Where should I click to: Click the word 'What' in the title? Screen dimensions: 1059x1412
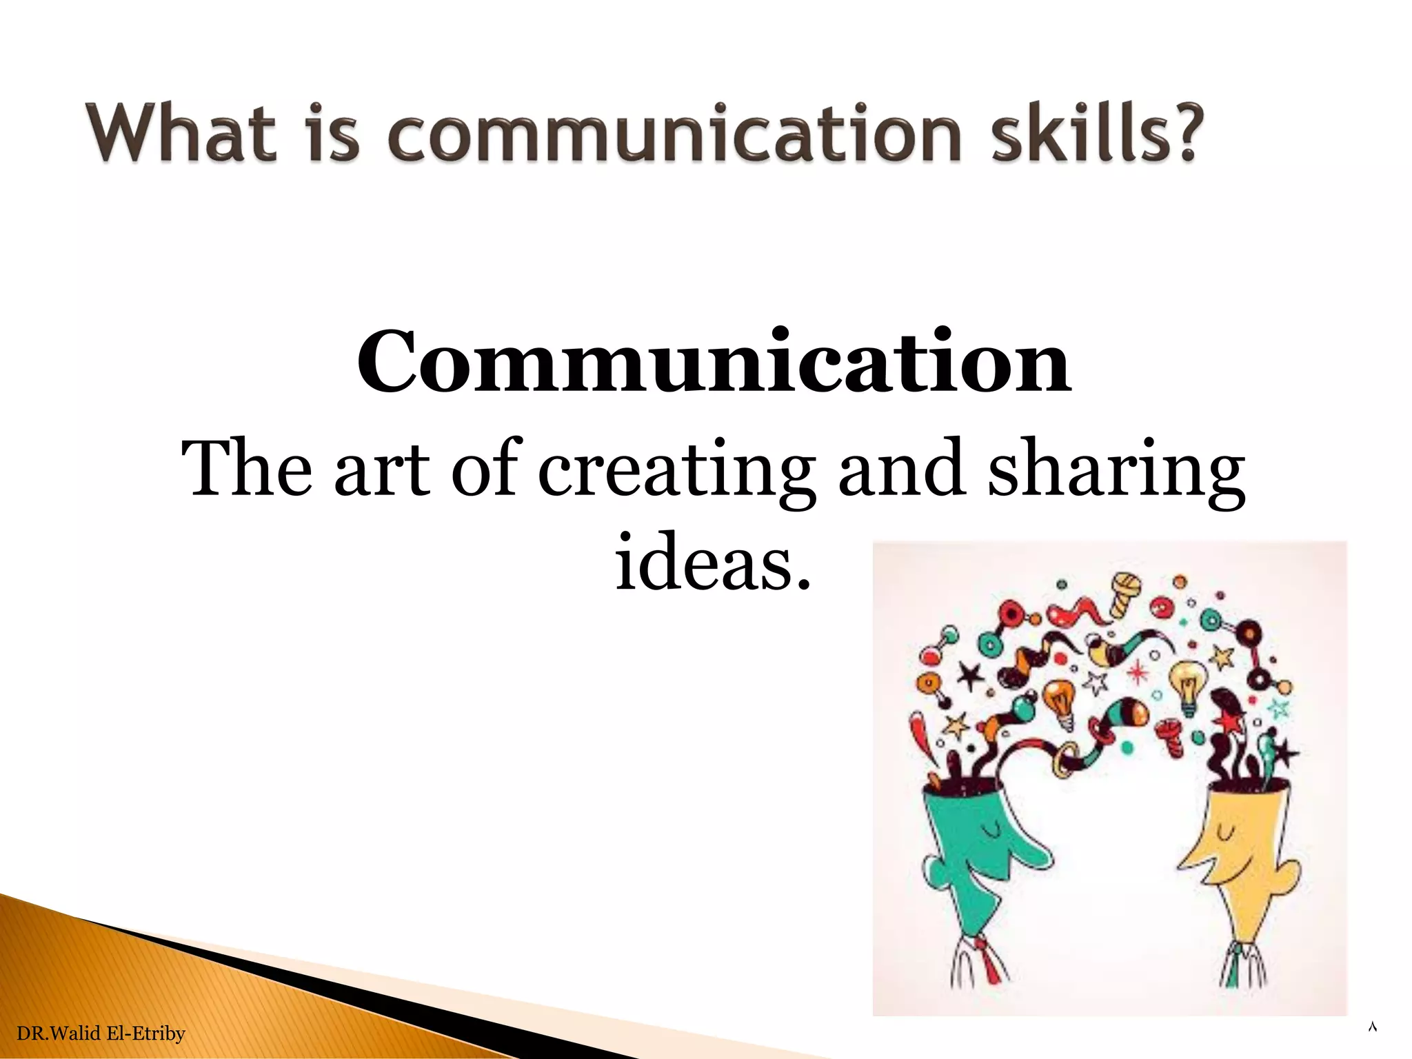[181, 132]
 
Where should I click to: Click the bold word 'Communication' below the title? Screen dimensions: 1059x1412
[713, 363]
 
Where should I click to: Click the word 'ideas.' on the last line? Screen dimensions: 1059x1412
[713, 561]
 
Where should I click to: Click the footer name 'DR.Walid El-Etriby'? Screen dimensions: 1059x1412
[101, 1033]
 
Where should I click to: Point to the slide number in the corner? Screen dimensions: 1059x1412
[1371, 1028]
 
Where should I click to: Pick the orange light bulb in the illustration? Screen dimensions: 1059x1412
[1059, 703]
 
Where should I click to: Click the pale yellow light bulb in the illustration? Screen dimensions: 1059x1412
[1187, 686]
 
